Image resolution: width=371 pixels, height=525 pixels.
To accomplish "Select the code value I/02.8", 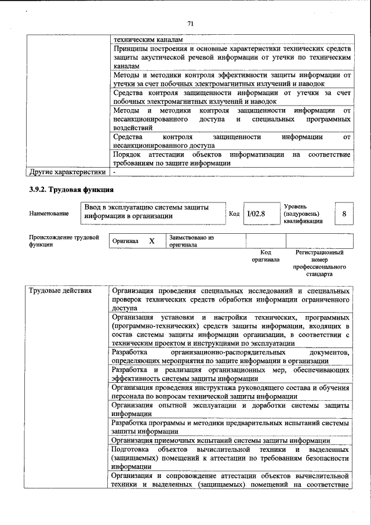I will click(256, 214).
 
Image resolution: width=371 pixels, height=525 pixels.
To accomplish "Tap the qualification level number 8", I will click(344, 214).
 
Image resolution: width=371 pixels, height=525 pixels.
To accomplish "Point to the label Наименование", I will click(49, 214).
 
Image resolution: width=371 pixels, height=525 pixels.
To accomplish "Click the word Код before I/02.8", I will click(234, 215).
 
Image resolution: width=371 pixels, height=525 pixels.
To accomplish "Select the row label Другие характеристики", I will click(67, 172).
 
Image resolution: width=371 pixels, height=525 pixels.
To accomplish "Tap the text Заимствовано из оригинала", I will click(192, 241).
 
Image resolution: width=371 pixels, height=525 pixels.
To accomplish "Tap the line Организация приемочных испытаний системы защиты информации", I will click(213, 440).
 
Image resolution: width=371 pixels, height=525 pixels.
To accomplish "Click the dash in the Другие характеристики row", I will click(114, 172).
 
